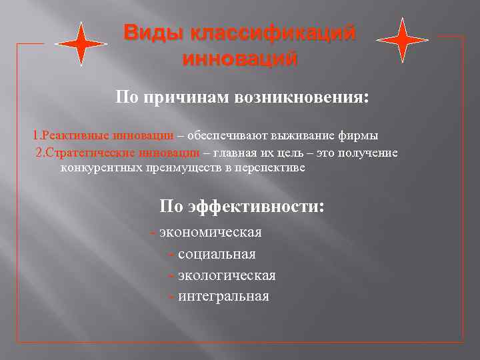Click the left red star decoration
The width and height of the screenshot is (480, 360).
81,43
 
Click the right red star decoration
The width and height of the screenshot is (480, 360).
403,40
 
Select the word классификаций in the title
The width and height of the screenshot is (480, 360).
273,32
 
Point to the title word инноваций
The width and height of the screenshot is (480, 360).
239,59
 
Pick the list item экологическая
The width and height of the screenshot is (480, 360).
227,275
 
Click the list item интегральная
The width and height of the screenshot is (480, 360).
223,296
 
